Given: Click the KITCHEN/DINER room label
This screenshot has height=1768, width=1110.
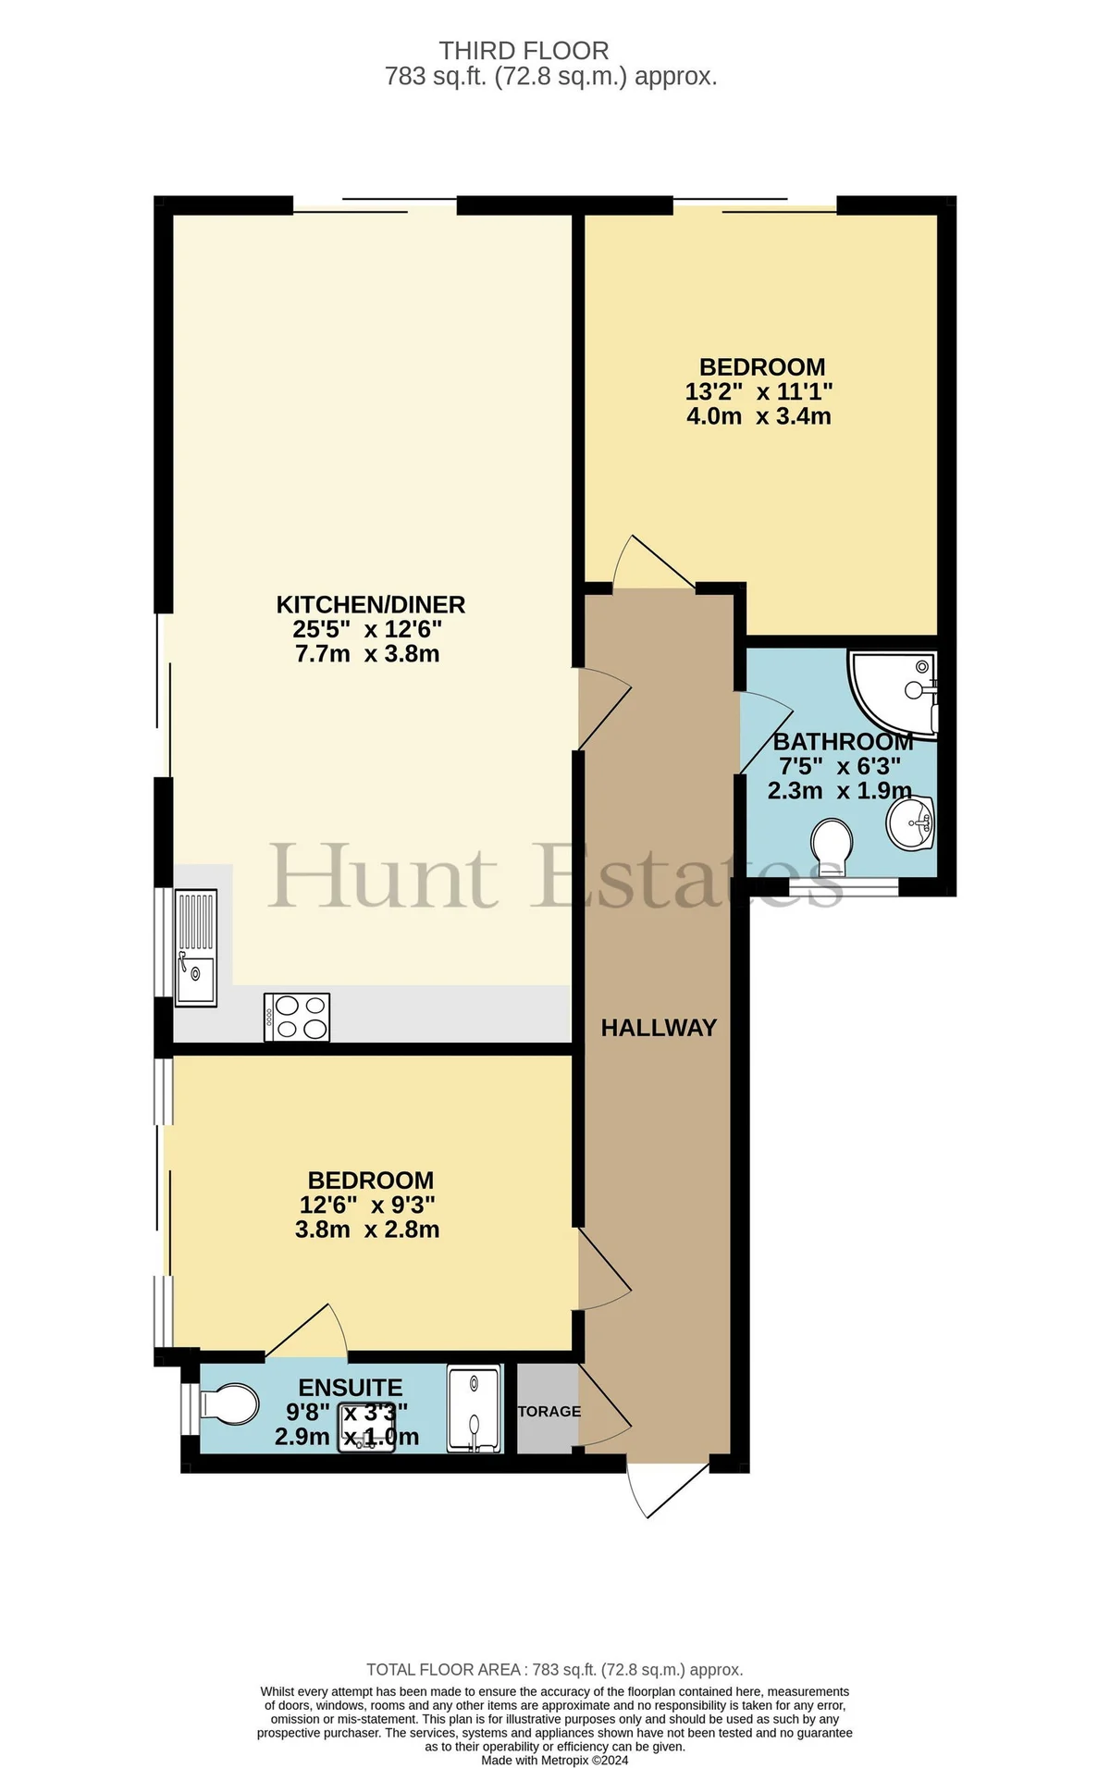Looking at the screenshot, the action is (x=371, y=605).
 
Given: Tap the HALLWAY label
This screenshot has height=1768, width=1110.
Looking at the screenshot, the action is (x=659, y=1028).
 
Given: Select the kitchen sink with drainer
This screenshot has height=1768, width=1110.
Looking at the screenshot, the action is (x=196, y=947).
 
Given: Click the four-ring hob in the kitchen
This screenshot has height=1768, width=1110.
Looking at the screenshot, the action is (x=297, y=1017).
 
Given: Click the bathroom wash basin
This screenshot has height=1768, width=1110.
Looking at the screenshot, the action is (x=912, y=822).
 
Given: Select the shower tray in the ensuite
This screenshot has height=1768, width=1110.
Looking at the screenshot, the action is (x=475, y=1408).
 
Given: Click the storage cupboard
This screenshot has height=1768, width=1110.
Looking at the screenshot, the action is (x=549, y=1408).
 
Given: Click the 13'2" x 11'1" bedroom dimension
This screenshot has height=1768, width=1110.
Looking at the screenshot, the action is (x=759, y=392).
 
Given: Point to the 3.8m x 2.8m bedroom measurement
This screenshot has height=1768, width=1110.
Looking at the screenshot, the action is (x=367, y=1230).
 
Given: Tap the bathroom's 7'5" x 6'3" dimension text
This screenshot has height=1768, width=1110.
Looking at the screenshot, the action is (x=839, y=767).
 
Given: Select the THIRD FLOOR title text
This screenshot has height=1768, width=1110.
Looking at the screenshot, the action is (x=524, y=51).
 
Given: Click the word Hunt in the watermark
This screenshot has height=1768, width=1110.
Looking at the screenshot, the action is (x=383, y=875).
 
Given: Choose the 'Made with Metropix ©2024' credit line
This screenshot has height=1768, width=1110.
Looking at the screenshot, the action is (x=555, y=1760).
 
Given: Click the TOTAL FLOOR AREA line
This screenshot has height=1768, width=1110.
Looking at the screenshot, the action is (x=555, y=1670).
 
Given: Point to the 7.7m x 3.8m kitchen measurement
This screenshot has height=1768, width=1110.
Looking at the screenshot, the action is (x=367, y=654).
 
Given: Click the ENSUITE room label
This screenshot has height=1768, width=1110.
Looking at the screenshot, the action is (x=351, y=1388).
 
